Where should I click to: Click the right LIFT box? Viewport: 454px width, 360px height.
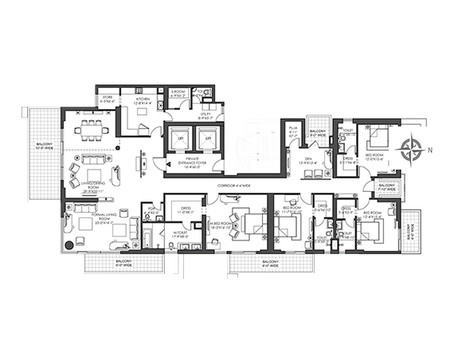pyautogui.click(x=206, y=139)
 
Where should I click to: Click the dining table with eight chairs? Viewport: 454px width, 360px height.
pyautogui.click(x=89, y=131)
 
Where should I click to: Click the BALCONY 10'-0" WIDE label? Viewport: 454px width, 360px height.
pyautogui.click(x=44, y=147)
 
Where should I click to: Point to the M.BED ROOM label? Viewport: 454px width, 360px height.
pyautogui.click(x=225, y=228)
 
